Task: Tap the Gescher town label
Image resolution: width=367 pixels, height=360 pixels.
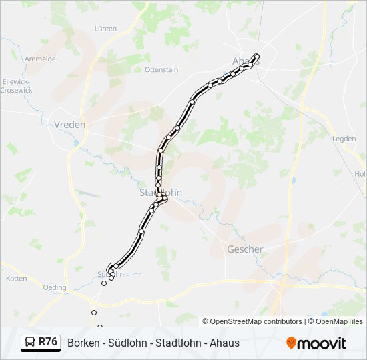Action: [245, 249]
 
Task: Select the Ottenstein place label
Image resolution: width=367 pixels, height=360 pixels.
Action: [162, 69]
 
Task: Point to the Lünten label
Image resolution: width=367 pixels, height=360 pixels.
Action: [105, 29]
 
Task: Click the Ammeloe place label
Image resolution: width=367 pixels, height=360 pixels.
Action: [40, 59]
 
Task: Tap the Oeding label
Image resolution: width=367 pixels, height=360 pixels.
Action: [55, 288]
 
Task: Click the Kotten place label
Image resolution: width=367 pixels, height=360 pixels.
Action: [16, 278]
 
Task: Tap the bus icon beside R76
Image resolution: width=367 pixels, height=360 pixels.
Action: [31, 343]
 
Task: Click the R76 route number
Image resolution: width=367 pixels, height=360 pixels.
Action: [48, 342]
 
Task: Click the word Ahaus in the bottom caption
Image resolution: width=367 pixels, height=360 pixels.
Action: [225, 343]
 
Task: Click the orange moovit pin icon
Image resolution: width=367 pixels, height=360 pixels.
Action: [292, 343]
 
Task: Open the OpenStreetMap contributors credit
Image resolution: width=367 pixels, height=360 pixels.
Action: [256, 321]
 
